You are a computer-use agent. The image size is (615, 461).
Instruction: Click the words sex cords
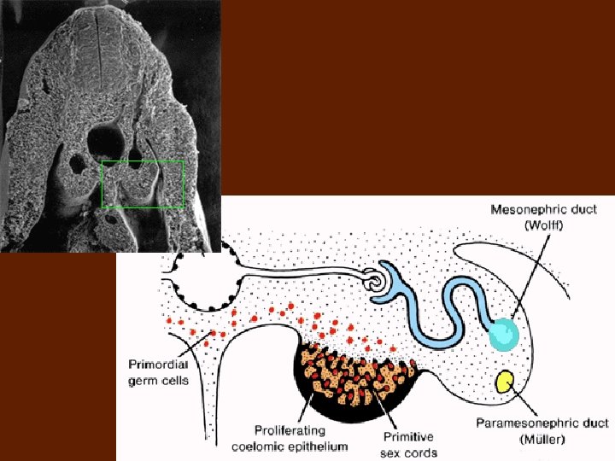point(409,452)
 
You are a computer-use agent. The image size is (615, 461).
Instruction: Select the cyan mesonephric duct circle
point(503,334)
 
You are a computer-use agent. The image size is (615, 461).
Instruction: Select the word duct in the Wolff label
point(603,209)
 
